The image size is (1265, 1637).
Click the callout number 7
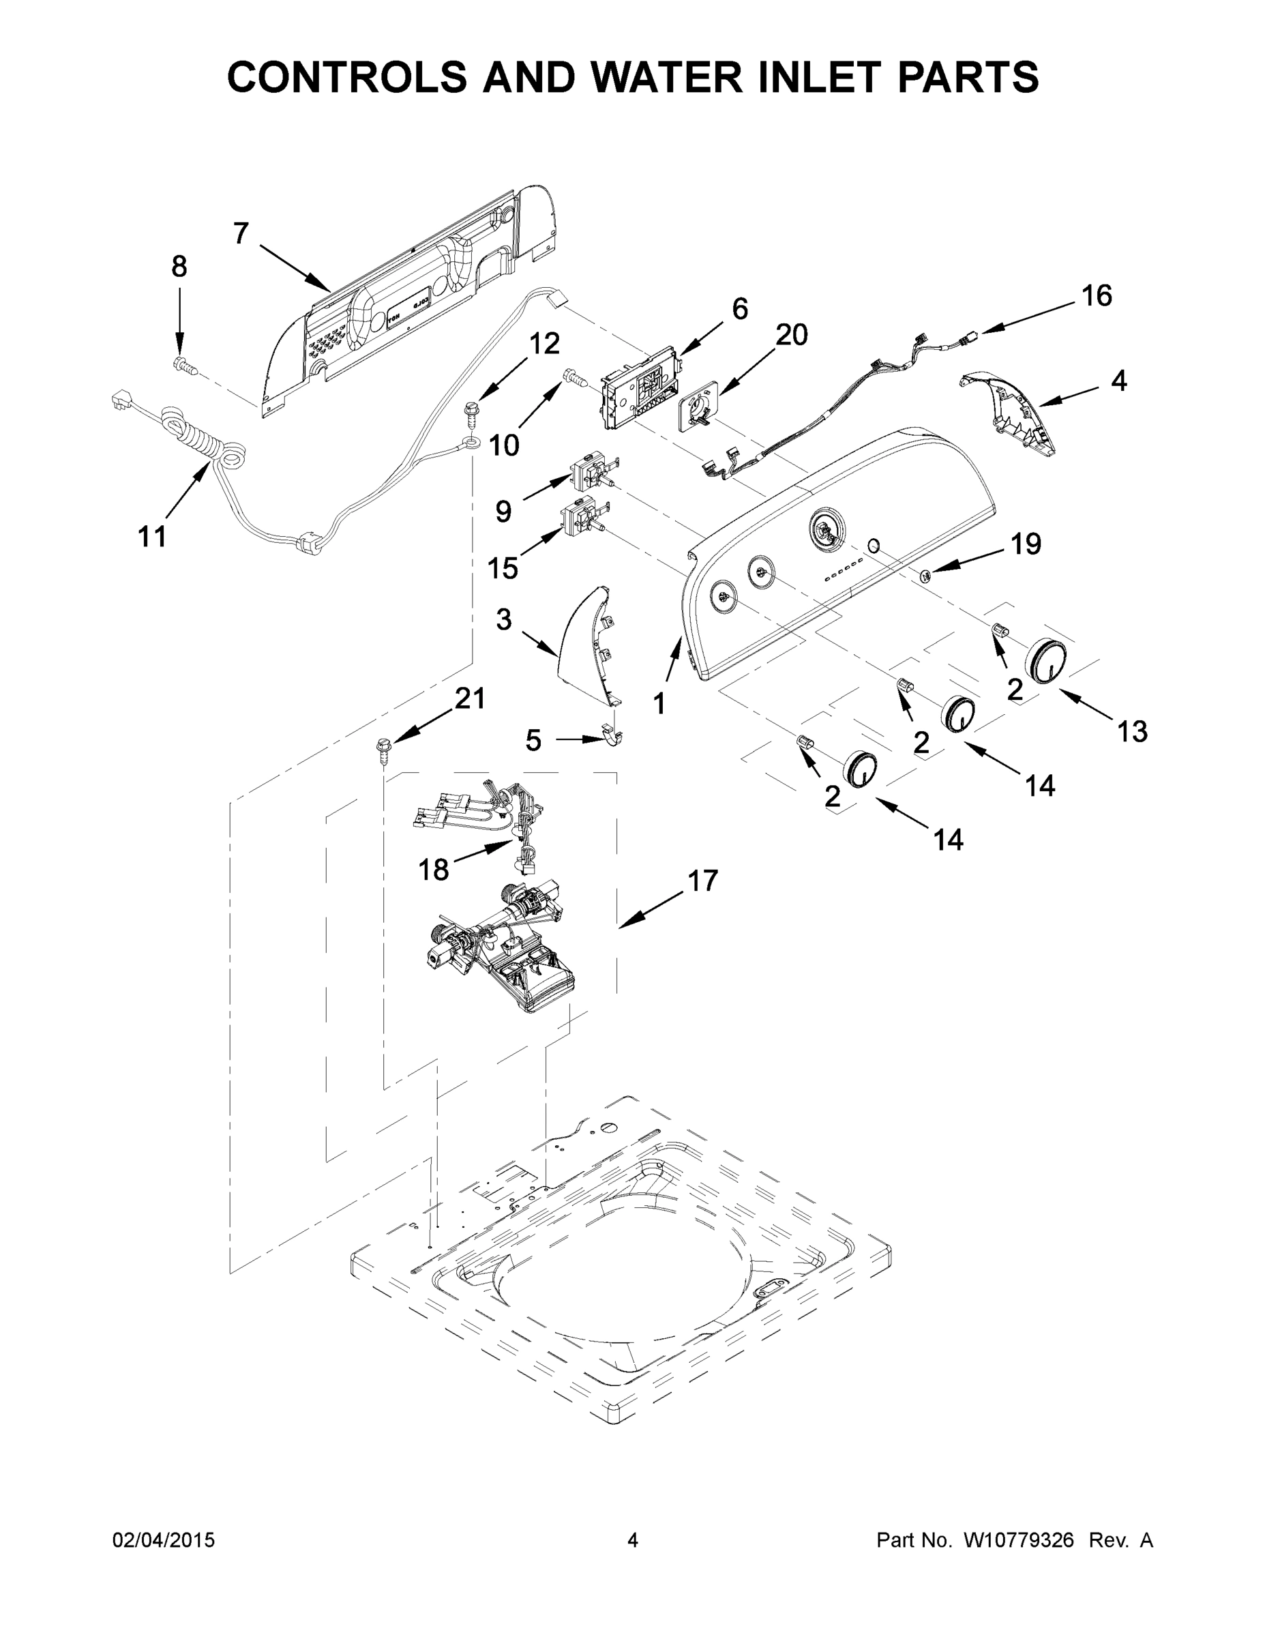[240, 234]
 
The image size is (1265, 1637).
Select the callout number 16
[1097, 296]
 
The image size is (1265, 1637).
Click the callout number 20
[791, 335]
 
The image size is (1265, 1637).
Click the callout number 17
[702, 881]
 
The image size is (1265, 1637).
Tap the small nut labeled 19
[926, 575]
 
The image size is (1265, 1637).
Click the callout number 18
[433, 870]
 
